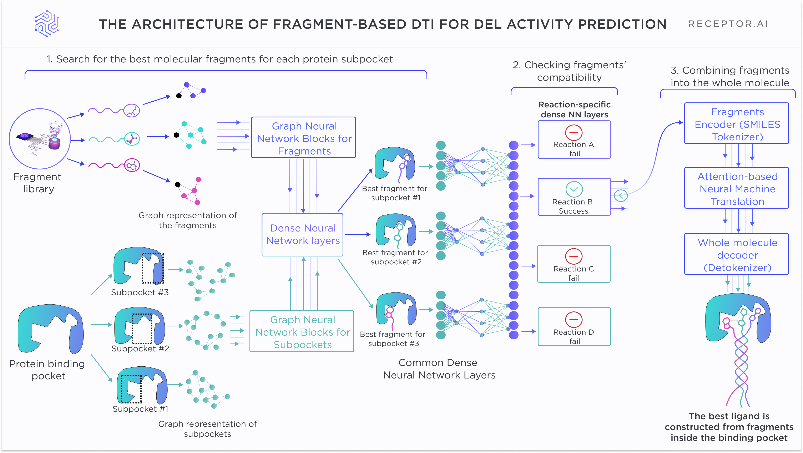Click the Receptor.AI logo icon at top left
47,24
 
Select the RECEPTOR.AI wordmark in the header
728,24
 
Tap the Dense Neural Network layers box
302,235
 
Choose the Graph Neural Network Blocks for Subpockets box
302,331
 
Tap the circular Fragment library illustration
40,139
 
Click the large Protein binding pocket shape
50,329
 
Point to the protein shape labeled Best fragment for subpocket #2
396,230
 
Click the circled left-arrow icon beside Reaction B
621,196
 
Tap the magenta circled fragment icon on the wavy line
132,165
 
